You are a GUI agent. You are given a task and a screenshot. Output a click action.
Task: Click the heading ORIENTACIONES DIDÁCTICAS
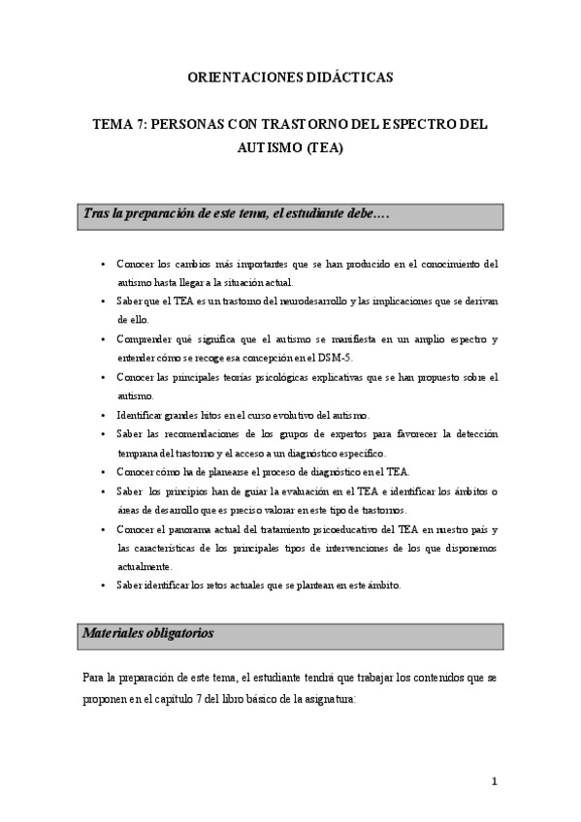point(290,77)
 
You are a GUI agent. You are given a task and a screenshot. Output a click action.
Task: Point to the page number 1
point(494,781)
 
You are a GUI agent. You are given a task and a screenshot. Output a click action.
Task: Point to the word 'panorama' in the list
point(194,529)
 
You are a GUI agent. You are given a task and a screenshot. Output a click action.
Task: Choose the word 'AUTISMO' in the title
point(268,149)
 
